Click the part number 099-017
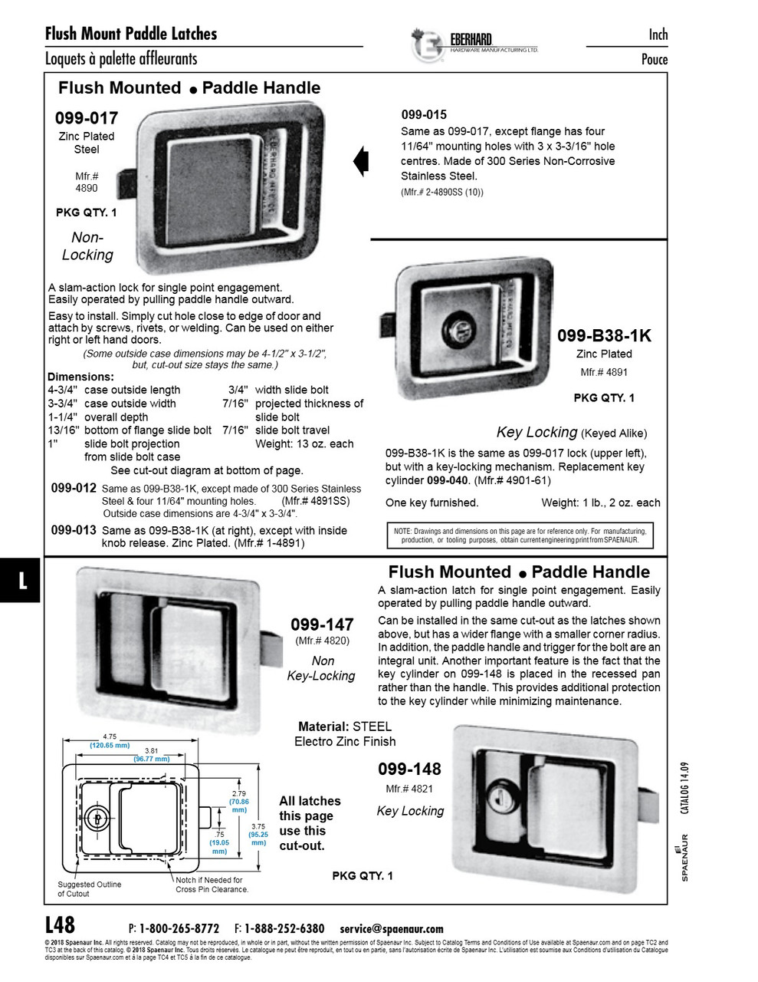pos(87,118)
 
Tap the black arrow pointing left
pos(361,161)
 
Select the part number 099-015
pos(424,114)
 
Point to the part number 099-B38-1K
pos(604,335)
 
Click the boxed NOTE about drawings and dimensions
pos(520,535)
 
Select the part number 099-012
pos(74,488)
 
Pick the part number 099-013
pos(74,530)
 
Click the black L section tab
pos(21,580)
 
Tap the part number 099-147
pos(322,624)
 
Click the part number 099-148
pos(409,769)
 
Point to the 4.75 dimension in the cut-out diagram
pos(110,736)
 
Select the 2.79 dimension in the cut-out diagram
pos(239,794)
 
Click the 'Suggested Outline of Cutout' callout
pos(89,888)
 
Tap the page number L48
pos(61,924)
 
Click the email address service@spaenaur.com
pos(392,928)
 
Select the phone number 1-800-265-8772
pos(181,928)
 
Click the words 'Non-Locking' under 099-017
pos(87,246)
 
